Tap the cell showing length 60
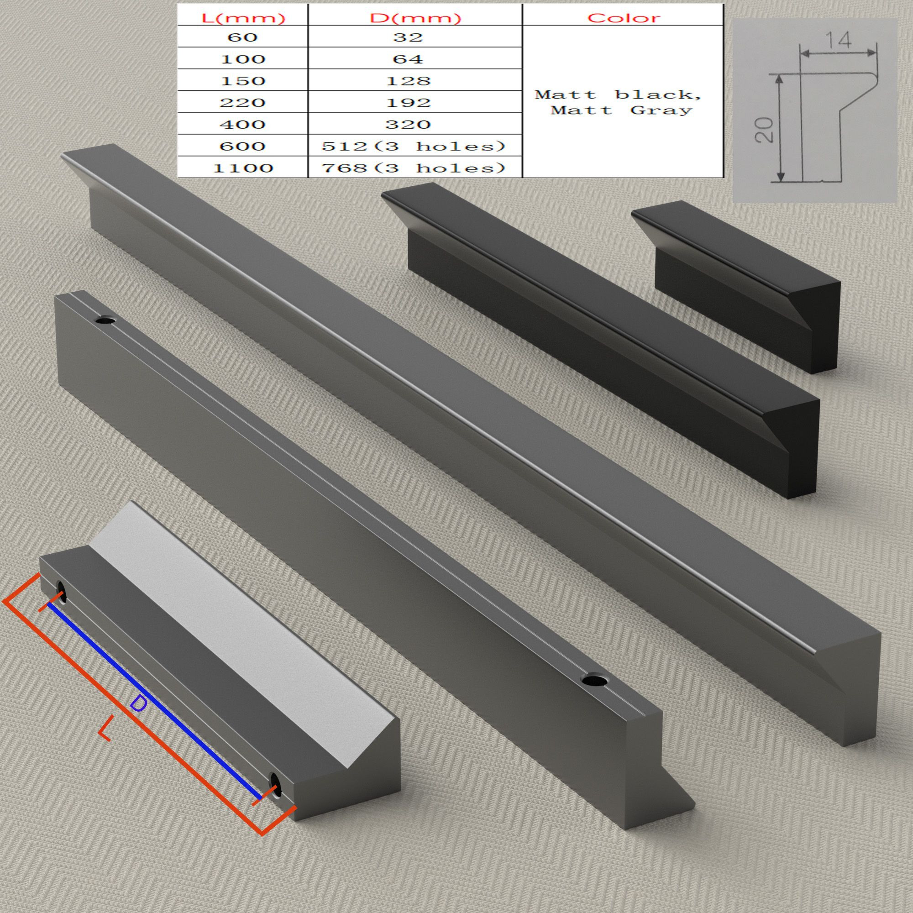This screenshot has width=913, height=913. click(242, 37)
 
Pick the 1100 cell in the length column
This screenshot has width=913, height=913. click(242, 168)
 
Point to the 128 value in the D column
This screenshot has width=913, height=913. click(408, 81)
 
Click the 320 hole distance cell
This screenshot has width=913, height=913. click(408, 124)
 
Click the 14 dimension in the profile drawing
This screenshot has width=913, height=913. click(840, 41)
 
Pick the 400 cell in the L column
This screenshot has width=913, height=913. click(242, 124)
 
